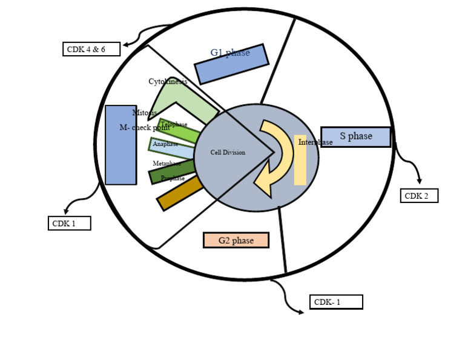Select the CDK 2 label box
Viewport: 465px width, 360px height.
coord(419,196)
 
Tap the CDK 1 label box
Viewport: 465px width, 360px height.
coord(69,223)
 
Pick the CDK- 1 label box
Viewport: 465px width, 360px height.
coord(336,302)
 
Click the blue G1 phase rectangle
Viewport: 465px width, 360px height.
coord(231,64)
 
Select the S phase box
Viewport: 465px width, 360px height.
coord(355,137)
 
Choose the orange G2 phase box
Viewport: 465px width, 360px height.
coord(236,241)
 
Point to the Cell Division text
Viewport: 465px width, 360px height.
coord(228,153)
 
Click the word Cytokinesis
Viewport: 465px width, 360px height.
coord(168,81)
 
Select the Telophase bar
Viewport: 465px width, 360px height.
coord(179,130)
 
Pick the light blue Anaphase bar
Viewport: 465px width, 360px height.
coord(173,147)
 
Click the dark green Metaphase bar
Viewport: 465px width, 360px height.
coord(173,170)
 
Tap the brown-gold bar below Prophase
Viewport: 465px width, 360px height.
coord(180,193)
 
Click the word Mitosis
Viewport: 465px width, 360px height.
coord(145,113)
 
